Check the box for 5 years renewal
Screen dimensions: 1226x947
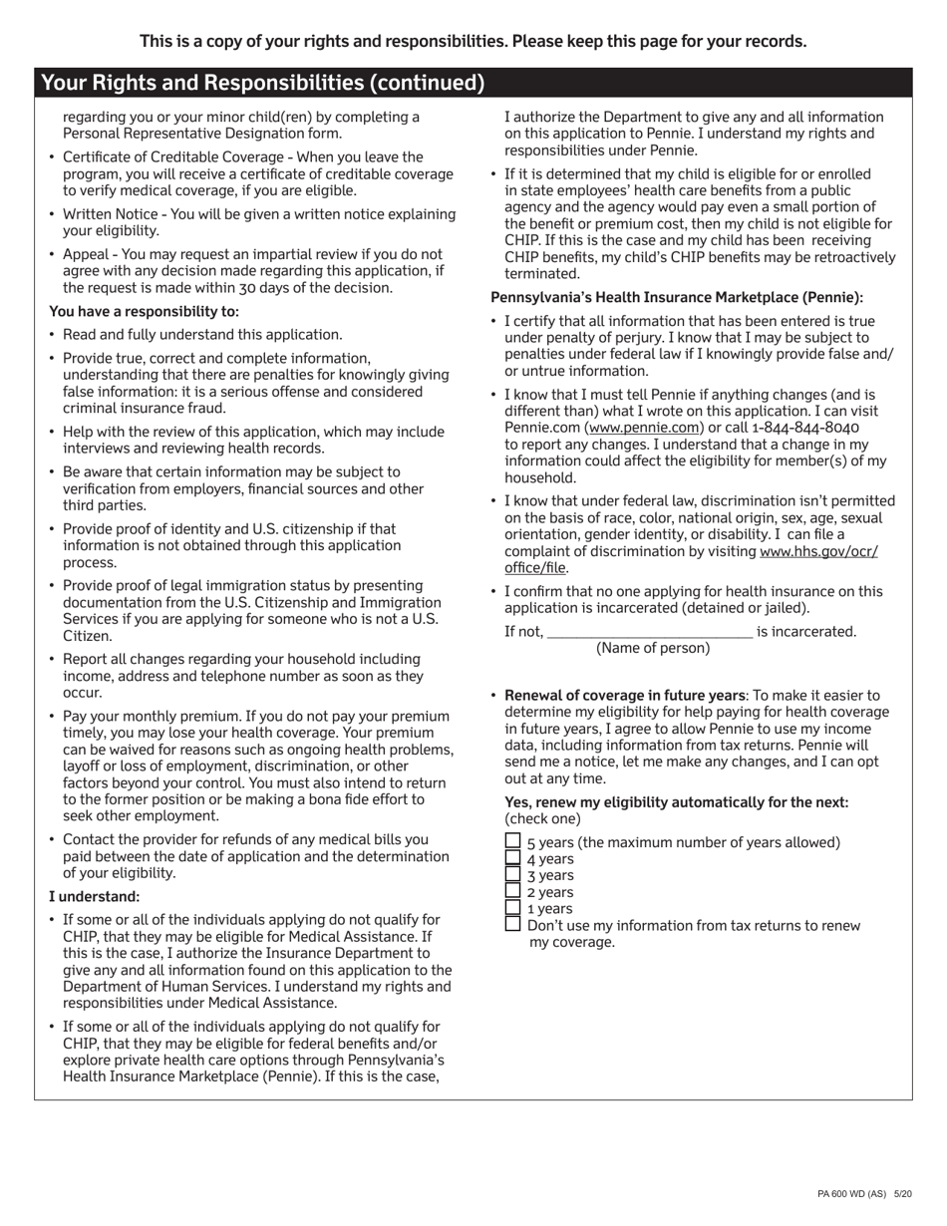tap(512, 841)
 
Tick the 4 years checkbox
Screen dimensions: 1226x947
tap(512, 857)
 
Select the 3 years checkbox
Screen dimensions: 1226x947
tap(512, 874)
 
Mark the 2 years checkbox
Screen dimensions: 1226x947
tap(512, 891)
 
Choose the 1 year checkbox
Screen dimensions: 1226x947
tap(512, 907)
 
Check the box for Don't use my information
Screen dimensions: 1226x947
tap(512, 924)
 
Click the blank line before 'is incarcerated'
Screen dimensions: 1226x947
tap(650, 630)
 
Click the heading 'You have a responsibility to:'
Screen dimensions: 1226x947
tap(144, 311)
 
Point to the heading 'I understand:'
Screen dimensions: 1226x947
tap(95, 896)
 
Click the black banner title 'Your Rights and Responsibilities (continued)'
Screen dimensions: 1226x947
tap(263, 83)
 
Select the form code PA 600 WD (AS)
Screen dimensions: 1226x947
tap(850, 1193)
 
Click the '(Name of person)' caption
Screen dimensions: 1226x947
tap(653, 648)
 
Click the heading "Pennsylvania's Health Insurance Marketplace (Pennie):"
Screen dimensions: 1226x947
tap(677, 297)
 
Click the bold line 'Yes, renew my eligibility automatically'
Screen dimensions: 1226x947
tap(677, 802)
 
